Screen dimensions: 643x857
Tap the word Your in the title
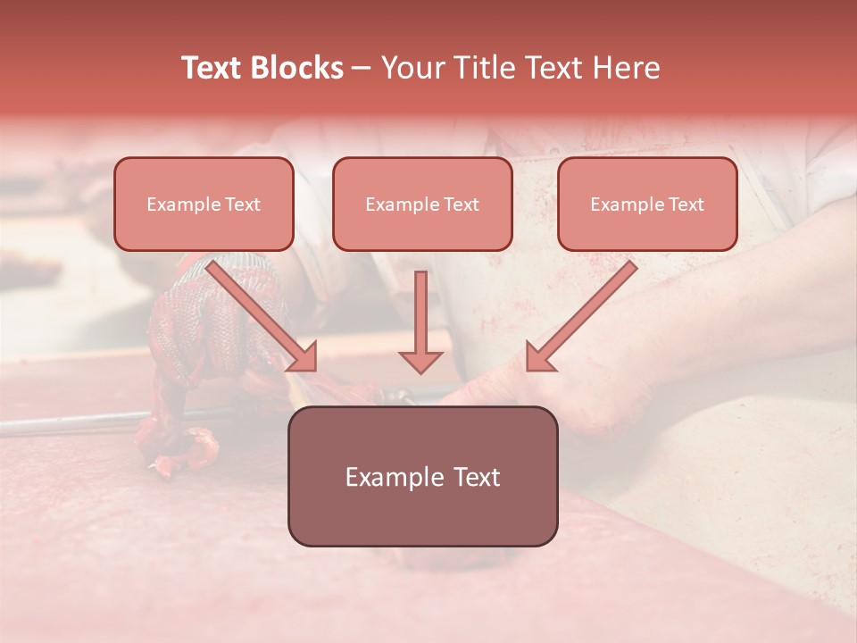click(x=417, y=68)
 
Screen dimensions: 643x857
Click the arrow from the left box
click(x=259, y=313)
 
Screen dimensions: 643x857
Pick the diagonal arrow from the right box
click(x=585, y=313)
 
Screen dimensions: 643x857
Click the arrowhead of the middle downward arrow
click(x=420, y=362)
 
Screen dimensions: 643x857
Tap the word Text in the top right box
click(x=686, y=205)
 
